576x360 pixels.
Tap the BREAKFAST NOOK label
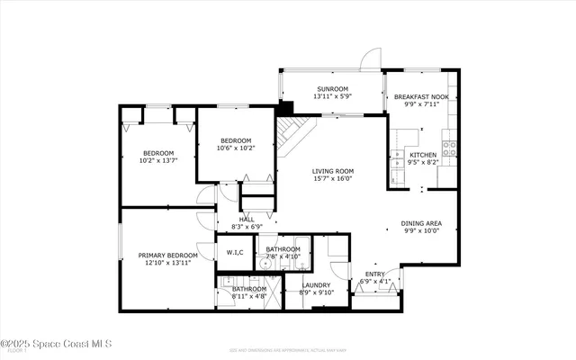click(421, 95)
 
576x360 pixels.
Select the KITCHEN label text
click(422, 156)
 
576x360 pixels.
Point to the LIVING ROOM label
click(332, 171)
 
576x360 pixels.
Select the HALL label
click(246, 219)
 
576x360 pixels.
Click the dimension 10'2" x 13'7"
click(158, 161)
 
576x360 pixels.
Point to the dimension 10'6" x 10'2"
click(237, 148)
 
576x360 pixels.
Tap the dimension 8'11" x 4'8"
click(248, 296)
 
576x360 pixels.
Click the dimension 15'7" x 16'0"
click(332, 179)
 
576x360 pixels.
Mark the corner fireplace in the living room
click(290, 135)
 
